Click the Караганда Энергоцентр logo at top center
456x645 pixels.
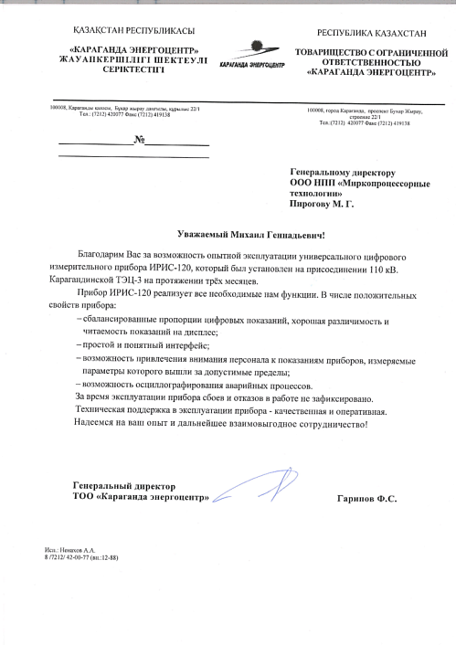pyautogui.click(x=252, y=54)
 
